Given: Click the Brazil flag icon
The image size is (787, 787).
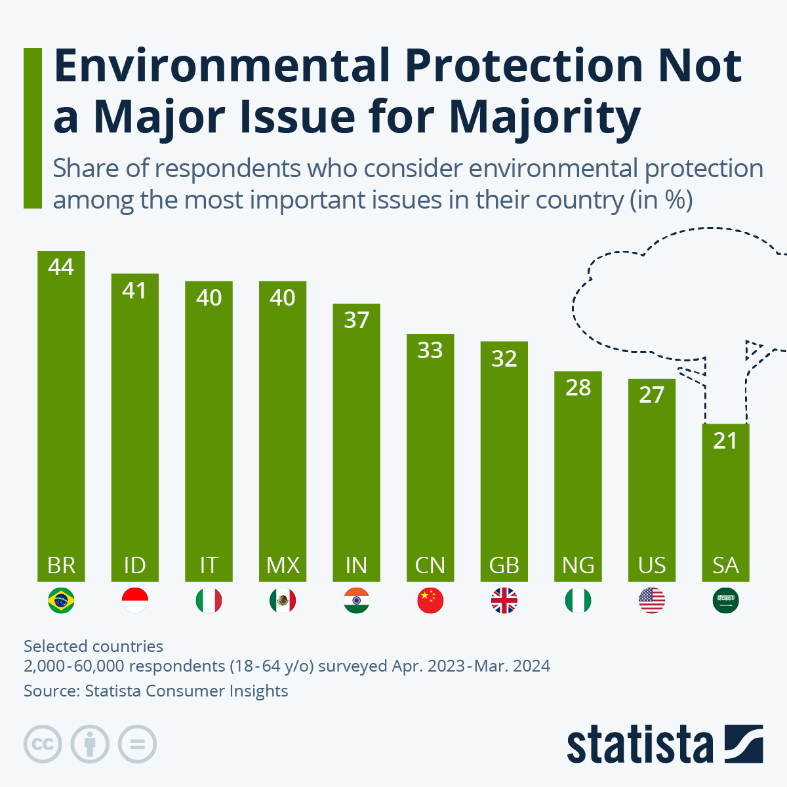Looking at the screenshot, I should click(x=61, y=601).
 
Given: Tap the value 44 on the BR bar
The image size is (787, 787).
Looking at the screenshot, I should click(x=61, y=267).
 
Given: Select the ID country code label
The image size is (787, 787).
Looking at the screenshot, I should click(x=134, y=565).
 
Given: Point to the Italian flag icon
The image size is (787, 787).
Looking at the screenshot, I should click(x=209, y=601).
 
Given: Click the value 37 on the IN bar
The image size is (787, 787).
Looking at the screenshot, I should click(x=356, y=320).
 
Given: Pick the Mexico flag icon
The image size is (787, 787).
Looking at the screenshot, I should click(x=283, y=601).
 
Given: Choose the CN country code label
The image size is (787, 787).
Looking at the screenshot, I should click(x=430, y=565).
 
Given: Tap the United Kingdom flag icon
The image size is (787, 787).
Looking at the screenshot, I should click(x=504, y=601).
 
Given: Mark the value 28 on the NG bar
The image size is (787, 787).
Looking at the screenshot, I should click(x=578, y=388).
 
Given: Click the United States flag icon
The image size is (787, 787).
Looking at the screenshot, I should click(x=652, y=601).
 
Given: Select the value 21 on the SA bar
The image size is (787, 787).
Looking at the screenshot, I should click(x=725, y=441).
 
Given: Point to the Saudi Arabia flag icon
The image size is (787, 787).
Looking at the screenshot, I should click(x=725, y=601).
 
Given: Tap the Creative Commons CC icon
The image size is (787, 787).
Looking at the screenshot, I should click(x=43, y=744).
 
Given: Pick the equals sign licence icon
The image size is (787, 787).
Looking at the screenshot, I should click(x=137, y=744).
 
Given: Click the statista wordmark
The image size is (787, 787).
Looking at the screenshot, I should click(x=639, y=745).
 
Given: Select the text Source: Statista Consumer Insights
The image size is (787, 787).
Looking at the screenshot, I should click(x=156, y=691).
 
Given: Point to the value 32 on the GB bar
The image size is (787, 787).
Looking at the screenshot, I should click(x=504, y=359).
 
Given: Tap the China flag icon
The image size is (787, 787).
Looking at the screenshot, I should click(x=430, y=601).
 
